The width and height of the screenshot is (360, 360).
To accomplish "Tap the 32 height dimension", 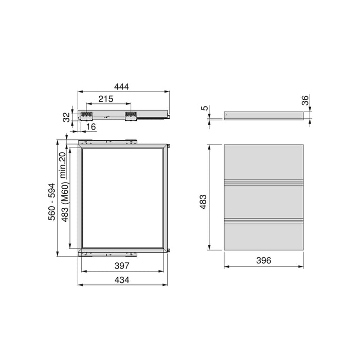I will tap(66, 116).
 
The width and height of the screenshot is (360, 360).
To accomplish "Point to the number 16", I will tap(91, 126).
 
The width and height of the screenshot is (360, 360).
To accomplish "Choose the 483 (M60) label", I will tap(64, 200).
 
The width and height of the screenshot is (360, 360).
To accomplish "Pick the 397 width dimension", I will tap(122, 266).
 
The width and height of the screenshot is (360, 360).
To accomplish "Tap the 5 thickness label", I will tap(204, 108).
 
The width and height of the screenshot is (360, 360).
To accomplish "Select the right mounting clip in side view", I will tap(131, 116).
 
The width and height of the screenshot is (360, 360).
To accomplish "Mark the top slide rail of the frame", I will tap(108, 140).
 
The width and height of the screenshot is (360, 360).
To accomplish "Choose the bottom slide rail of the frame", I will tap(108, 253).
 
